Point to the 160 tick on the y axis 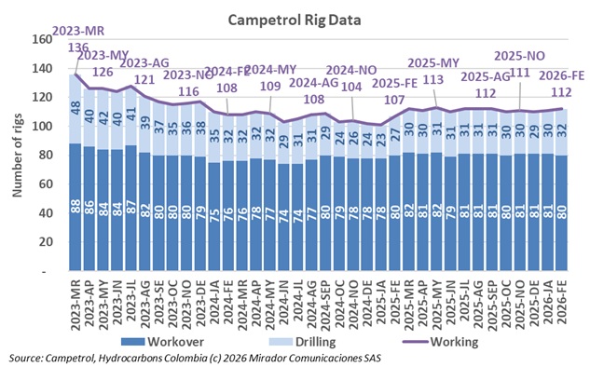click(42, 40)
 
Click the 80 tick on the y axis click(45, 156)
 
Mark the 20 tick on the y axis click(45, 243)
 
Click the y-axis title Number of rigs click(16, 154)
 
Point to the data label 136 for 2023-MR click(79, 47)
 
